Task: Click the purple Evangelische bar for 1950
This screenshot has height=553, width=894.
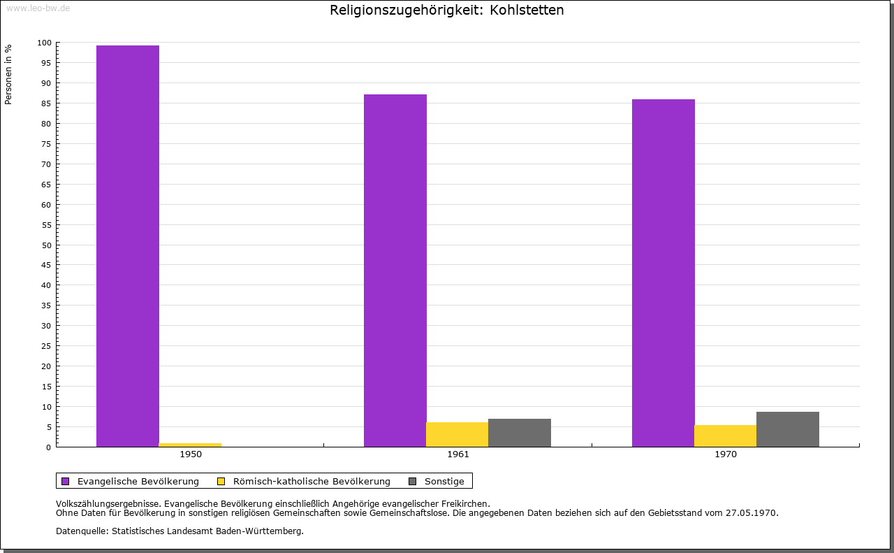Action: (128, 246)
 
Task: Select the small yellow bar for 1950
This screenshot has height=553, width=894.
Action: (190, 445)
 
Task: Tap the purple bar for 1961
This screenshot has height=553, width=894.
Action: (395, 271)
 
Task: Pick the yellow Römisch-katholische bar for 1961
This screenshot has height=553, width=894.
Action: (457, 434)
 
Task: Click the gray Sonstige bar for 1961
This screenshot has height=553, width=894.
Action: (520, 433)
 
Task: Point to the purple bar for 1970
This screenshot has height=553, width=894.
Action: (664, 273)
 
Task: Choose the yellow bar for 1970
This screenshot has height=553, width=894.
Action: (726, 436)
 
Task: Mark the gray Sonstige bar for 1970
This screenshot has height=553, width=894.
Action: (788, 429)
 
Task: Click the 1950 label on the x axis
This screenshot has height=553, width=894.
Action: (191, 454)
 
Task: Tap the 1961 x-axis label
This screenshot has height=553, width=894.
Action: (458, 454)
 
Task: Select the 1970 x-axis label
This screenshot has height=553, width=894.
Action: (726, 454)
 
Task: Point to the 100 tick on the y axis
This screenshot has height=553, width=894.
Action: (44, 43)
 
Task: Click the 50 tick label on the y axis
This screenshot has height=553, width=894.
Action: (47, 245)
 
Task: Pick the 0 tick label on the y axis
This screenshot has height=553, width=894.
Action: (49, 447)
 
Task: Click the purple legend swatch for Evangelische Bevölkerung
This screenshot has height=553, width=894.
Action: (66, 482)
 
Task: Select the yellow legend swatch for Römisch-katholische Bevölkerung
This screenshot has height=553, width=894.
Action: (221, 482)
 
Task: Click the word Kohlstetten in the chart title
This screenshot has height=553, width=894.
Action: (527, 10)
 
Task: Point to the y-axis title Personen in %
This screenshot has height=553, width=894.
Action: (8, 74)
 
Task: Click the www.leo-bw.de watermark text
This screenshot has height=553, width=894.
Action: (38, 8)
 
